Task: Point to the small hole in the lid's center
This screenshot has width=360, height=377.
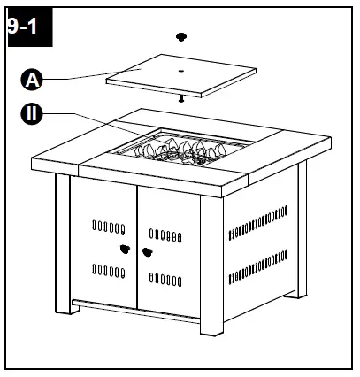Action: (180, 68)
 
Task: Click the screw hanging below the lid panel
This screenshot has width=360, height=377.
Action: (182, 98)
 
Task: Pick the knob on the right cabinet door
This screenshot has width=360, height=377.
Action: (147, 251)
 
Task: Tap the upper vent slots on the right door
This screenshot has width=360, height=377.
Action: (165, 236)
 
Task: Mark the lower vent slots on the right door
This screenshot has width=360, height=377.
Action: (165, 281)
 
